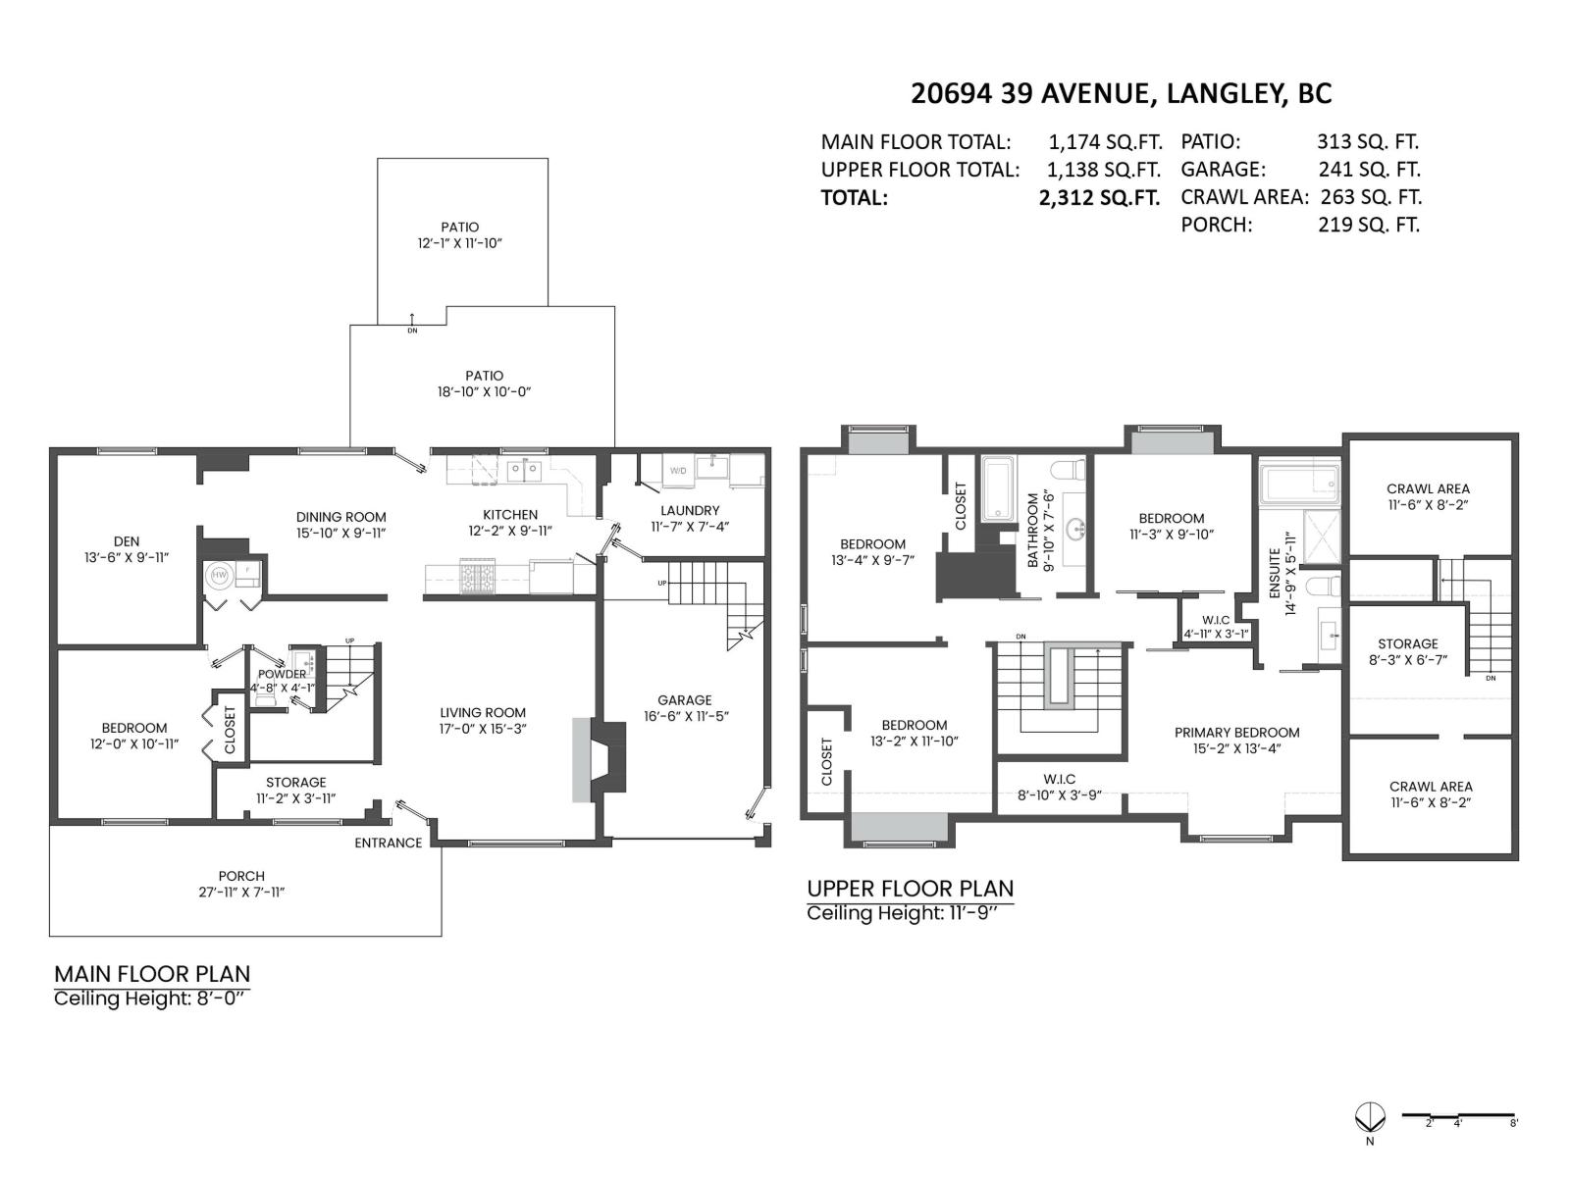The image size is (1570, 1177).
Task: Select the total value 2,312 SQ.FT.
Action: click(x=1099, y=197)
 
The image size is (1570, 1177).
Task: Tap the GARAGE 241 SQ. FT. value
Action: click(x=1368, y=169)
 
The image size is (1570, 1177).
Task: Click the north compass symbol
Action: click(x=1369, y=1116)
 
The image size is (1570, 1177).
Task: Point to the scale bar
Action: click(x=1459, y=1115)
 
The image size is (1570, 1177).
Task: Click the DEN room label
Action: click(x=127, y=540)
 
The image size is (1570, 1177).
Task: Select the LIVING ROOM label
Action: click(x=482, y=713)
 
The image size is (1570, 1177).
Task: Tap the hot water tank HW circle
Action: click(x=219, y=575)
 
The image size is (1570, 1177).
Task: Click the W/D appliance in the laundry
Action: click(x=679, y=471)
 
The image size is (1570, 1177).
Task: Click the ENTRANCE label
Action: click(x=388, y=843)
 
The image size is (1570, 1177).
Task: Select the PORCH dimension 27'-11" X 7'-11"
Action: click(x=241, y=893)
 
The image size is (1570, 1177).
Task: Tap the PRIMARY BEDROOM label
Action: click(x=1236, y=733)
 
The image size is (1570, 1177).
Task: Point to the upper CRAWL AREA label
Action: click(x=1428, y=488)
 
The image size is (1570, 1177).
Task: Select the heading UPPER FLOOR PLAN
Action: click(x=910, y=889)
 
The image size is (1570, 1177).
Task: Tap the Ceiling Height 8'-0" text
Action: click(x=151, y=998)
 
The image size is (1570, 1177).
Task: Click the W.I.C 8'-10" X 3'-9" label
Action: click(x=1059, y=787)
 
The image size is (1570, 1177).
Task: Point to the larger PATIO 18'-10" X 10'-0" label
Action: click(x=484, y=384)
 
